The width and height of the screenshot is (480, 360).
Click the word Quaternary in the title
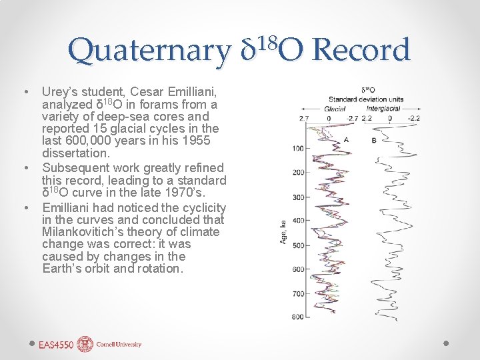click(148, 51)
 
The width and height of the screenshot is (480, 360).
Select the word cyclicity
click(202, 207)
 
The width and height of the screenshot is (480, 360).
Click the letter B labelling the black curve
click(374, 141)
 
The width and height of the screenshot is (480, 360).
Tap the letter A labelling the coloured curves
click(346, 140)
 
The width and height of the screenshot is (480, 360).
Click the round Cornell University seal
click(85, 344)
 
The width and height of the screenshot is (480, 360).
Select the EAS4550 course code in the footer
click(56, 345)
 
